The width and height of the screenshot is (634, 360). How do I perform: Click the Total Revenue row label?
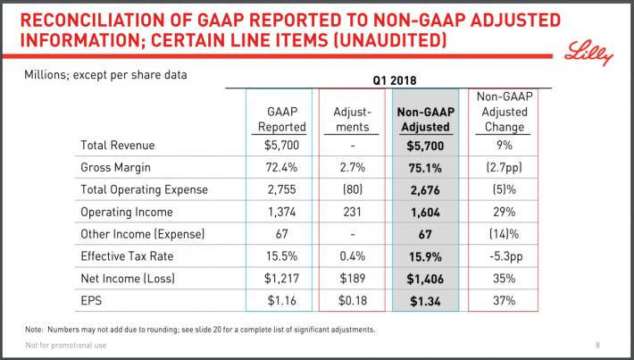[118, 144]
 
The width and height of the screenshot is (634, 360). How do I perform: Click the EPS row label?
[92, 299]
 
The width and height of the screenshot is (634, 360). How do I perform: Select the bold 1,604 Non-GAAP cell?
[425, 211]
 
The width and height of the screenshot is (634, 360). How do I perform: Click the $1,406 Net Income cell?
[425, 277]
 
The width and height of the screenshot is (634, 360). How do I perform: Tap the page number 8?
[597, 346]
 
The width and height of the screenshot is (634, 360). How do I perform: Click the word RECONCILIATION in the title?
[107, 19]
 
